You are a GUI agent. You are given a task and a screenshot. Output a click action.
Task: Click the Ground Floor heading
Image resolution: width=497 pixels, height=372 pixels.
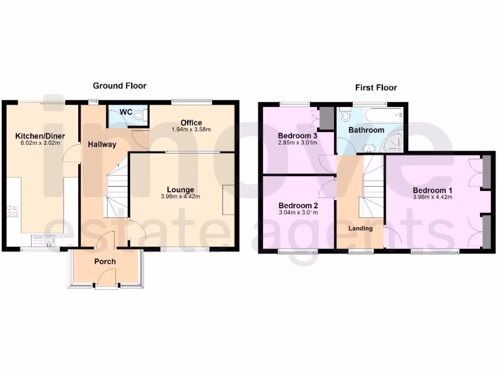(119, 86)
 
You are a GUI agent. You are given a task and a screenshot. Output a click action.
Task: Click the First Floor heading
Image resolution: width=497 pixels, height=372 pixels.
(376, 88)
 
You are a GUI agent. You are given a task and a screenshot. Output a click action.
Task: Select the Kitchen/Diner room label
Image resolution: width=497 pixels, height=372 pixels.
(40, 136)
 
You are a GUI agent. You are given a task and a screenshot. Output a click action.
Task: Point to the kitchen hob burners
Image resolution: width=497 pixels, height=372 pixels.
(13, 211)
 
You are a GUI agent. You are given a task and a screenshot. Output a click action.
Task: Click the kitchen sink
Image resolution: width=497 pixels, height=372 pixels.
(43, 240)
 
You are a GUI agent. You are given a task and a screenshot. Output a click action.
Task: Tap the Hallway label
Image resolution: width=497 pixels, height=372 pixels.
(102, 144)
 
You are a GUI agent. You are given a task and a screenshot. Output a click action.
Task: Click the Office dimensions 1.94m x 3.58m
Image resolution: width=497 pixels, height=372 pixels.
(191, 130)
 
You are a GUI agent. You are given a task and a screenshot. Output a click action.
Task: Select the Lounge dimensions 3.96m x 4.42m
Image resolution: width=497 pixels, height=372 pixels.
(181, 197)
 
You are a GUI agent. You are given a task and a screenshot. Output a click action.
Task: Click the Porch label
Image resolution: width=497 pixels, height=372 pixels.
(105, 262)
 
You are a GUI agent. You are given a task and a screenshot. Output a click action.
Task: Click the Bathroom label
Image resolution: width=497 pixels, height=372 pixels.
(366, 130)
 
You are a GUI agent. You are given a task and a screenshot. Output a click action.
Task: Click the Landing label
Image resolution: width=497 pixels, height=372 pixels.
(361, 228)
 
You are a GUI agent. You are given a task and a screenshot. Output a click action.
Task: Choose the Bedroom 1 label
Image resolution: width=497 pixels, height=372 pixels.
(432, 190)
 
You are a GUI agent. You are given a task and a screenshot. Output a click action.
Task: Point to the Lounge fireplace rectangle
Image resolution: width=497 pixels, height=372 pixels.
(229, 200)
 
